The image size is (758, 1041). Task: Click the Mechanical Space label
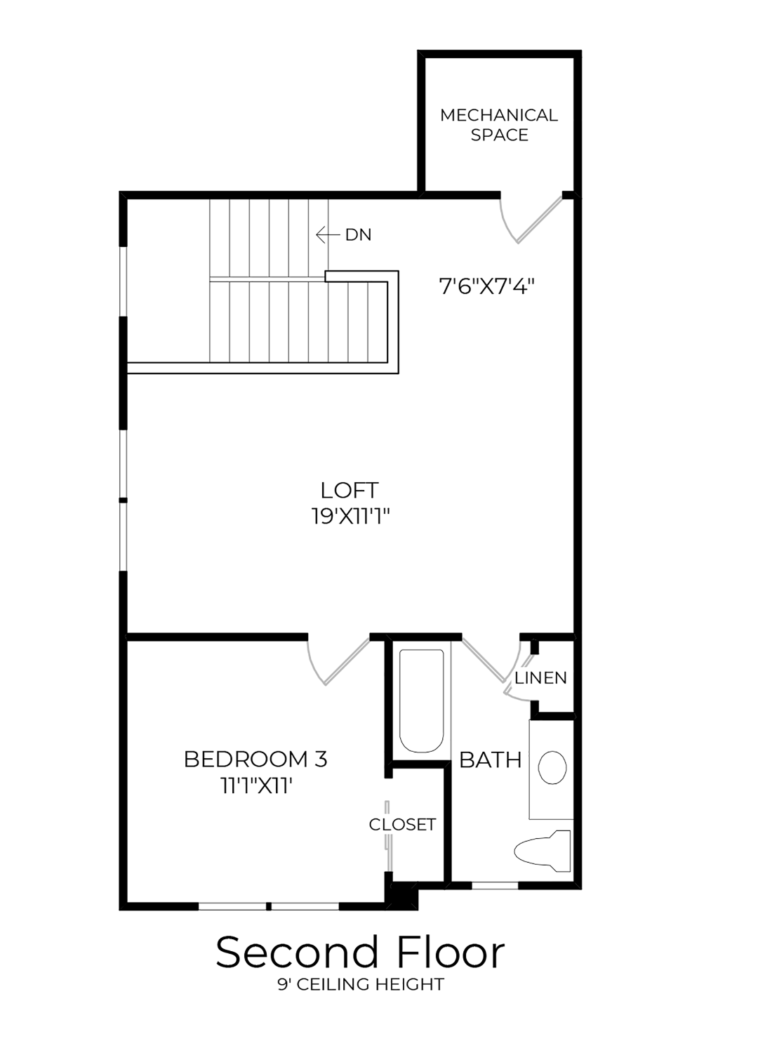click(x=499, y=125)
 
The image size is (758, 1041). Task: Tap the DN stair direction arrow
click(x=327, y=234)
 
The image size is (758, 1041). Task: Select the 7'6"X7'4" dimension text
click(x=487, y=286)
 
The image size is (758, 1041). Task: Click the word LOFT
click(x=350, y=490)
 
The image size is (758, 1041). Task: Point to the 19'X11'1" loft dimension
click(x=350, y=517)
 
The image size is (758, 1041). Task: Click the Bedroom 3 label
click(x=255, y=759)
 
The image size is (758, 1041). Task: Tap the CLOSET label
click(x=402, y=824)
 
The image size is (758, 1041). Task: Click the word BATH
click(x=490, y=760)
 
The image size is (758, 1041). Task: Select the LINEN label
click(x=540, y=678)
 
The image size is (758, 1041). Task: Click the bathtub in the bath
click(x=421, y=701)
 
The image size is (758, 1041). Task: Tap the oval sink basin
click(x=552, y=767)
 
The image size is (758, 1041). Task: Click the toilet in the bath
click(x=543, y=851)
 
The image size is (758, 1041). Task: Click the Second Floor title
click(x=360, y=953)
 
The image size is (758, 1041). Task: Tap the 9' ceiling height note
click(x=360, y=985)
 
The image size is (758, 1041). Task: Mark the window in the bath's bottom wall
click(x=495, y=885)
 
